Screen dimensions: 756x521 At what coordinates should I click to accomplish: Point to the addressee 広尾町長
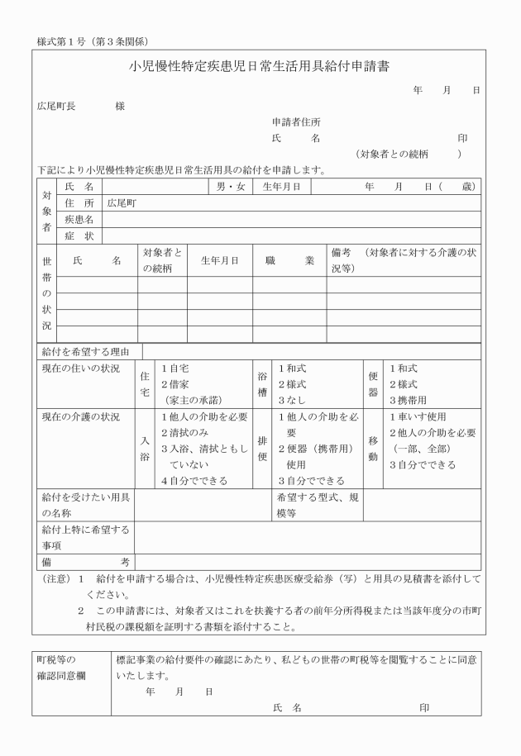(57, 107)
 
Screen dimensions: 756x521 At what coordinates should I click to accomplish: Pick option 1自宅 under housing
(175, 368)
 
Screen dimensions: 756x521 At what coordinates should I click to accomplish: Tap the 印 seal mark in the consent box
(423, 708)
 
